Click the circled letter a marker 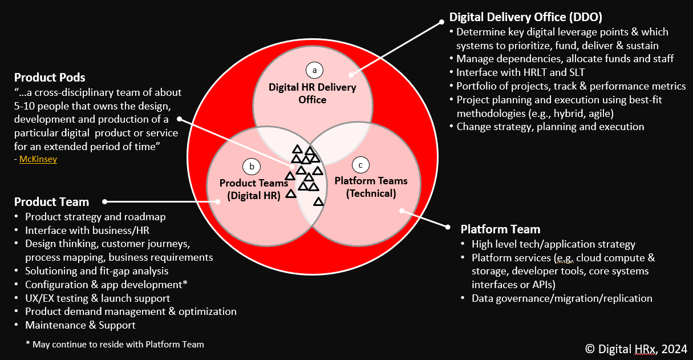pyautogui.click(x=313, y=70)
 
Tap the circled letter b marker pyautogui.click(x=252, y=167)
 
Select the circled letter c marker pyautogui.click(x=360, y=165)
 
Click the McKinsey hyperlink pyautogui.click(x=38, y=160)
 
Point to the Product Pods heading pyautogui.click(x=50, y=78)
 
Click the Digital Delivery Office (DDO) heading pyautogui.click(x=525, y=17)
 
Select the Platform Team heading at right pyautogui.click(x=500, y=229)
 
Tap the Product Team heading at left pyautogui.click(x=51, y=202)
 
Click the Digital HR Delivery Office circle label pyautogui.click(x=313, y=94)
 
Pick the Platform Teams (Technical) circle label pyautogui.click(x=371, y=187)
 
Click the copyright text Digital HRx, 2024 pyautogui.click(x=635, y=349)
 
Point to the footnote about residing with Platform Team pyautogui.click(x=115, y=344)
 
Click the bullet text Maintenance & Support pyautogui.click(x=80, y=325)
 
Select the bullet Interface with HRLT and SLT pyautogui.click(x=520, y=72)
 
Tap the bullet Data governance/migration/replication pyautogui.click(x=562, y=298)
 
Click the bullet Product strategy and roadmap pyautogui.click(x=95, y=217)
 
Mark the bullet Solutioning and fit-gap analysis pyautogui.click(x=96, y=271)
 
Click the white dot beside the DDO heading pyautogui.click(x=441, y=23)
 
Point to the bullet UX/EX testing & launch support pyautogui.click(x=98, y=298)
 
